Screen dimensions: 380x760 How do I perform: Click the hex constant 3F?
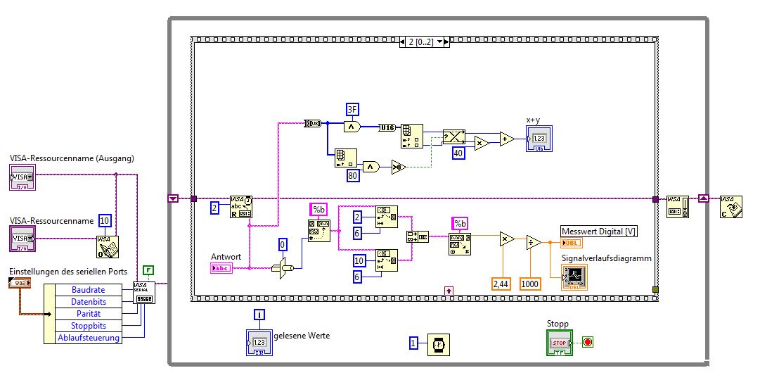coord(352,108)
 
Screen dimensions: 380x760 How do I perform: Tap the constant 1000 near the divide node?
coord(530,284)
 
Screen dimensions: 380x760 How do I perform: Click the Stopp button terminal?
coord(560,343)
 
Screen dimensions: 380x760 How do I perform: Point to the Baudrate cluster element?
coord(88,290)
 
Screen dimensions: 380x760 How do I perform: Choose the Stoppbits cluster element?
coord(88,326)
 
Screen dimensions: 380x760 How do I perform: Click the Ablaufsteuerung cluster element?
coord(88,338)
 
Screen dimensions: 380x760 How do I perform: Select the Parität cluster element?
coord(88,314)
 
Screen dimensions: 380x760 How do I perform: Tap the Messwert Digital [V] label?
coord(599,232)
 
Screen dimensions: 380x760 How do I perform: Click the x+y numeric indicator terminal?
coord(539,139)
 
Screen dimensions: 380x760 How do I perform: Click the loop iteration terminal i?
coord(259,314)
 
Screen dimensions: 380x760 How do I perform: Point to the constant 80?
coord(353,176)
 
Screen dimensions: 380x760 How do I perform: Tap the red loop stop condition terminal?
coord(588,343)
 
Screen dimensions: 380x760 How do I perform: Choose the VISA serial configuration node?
coord(144,293)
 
